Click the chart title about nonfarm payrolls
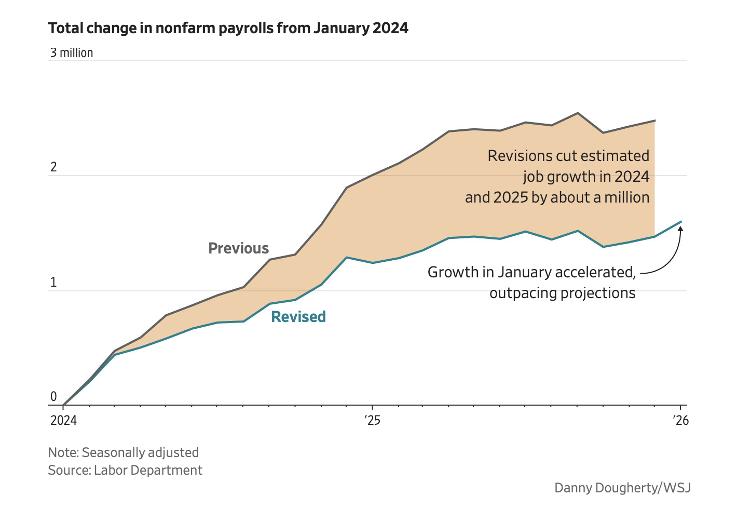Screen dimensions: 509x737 pos(228,28)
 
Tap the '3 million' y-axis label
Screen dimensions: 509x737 pos(72,53)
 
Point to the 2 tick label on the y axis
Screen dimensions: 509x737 pos(53,167)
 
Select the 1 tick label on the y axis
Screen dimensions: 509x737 pos(53,283)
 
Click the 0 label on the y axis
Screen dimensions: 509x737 pos(53,397)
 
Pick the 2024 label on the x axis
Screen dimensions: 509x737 pos(63,420)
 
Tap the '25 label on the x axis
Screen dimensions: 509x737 pos(372,420)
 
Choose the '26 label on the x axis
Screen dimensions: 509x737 pos(681,420)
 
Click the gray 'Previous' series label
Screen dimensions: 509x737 pos(239,248)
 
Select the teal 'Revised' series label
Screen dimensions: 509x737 pos(298,317)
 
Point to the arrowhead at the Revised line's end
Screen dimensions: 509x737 pos(680,227)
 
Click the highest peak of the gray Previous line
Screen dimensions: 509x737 pos(578,113)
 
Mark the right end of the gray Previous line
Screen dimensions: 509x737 pos(654,120)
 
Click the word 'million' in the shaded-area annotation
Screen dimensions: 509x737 pos(626,197)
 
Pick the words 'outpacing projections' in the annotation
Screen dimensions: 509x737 pos(563,293)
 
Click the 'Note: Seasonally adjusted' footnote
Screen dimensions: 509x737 pos(124,452)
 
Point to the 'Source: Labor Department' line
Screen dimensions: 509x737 pos(125,470)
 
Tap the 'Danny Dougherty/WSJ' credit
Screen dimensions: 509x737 pos(622,488)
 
